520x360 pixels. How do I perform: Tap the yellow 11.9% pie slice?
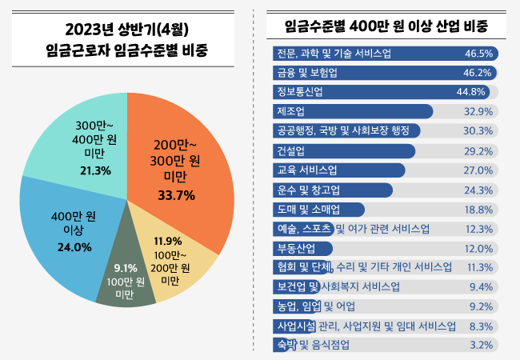172,260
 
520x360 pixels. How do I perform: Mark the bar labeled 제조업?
352,110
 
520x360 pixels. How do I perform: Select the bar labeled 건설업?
344,150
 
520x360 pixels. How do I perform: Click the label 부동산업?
294,248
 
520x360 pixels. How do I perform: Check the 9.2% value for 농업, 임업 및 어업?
481,306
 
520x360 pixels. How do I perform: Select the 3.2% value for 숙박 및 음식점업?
481,346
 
